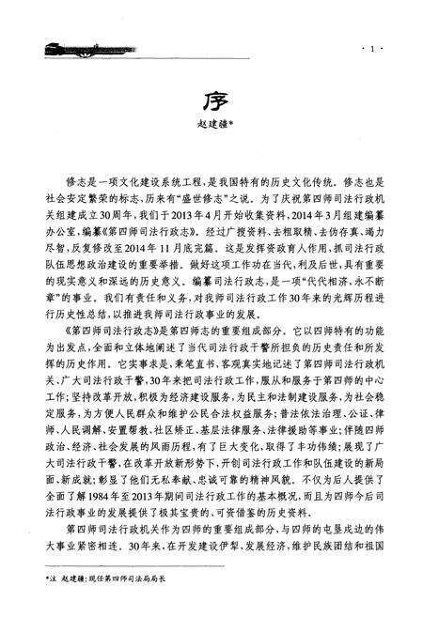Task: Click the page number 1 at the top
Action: (373, 49)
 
